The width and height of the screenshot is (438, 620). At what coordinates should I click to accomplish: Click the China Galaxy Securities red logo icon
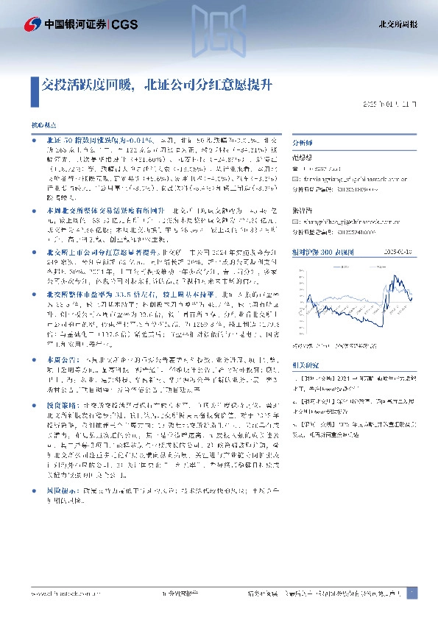(x=32, y=24)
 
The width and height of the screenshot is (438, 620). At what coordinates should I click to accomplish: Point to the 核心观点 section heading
(x=43, y=127)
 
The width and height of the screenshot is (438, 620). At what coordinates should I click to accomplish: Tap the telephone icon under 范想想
(x=296, y=168)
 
